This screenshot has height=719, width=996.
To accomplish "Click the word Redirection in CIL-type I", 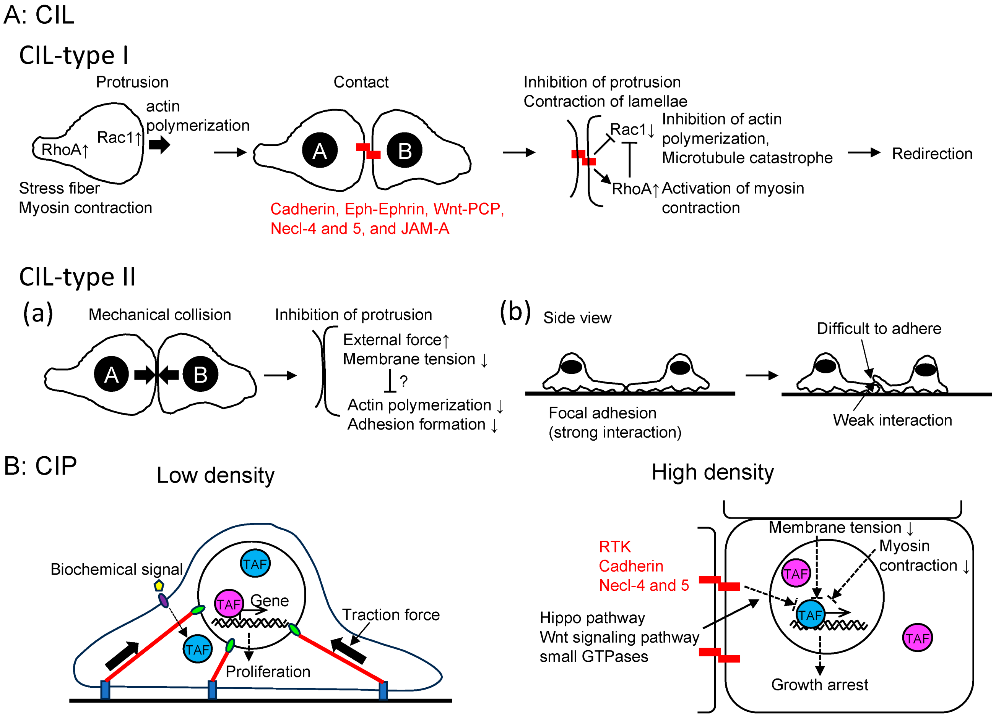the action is (932, 153).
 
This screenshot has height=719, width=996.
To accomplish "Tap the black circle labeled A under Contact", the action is (320, 150).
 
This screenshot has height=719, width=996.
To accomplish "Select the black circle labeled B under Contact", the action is (405, 150).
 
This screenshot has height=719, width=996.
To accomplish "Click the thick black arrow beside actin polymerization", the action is (159, 144).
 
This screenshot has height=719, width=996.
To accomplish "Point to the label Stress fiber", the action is (59, 188).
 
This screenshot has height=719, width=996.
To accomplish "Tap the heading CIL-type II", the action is (77, 277).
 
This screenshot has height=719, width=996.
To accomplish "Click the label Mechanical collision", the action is (160, 315).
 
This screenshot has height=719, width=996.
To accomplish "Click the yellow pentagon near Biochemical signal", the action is (159, 585).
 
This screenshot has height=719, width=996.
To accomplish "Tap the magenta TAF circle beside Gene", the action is (229, 604).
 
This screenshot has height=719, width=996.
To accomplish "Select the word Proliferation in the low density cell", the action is (268, 671).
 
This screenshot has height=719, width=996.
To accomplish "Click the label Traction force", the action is (391, 615).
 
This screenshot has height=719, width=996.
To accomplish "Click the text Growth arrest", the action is (819, 684).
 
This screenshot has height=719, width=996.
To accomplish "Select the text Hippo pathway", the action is (592, 618).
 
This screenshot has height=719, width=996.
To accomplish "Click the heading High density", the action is (712, 472).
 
